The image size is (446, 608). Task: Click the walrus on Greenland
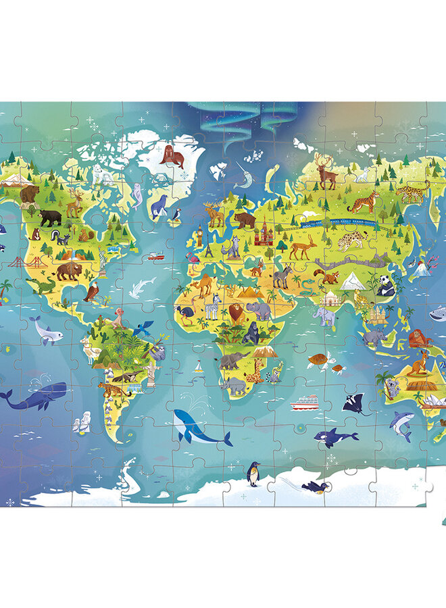(172, 158)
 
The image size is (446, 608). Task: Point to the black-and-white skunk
(62, 238)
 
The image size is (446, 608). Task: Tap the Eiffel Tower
(210, 251)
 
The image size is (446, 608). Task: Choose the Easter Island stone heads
(80, 425)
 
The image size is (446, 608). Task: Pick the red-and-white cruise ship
(304, 403)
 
